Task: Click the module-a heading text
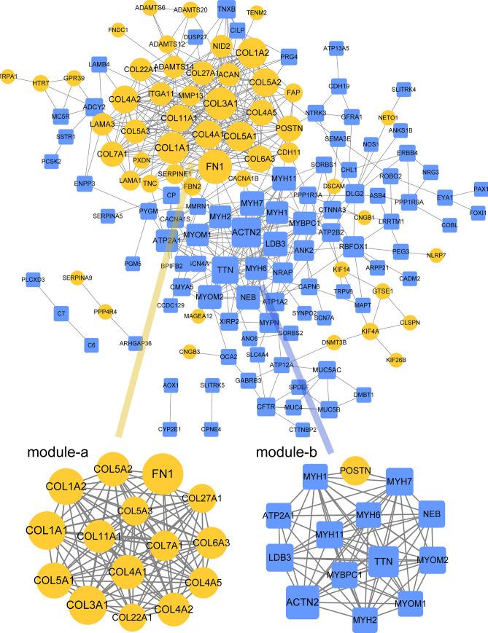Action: click(58, 452)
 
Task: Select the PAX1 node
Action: click(481, 189)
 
